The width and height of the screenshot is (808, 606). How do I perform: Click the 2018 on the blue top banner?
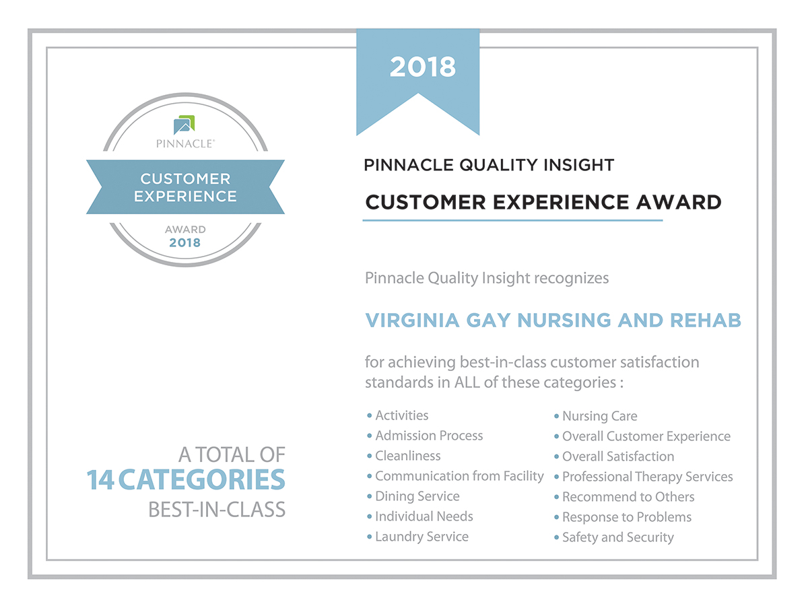[x=423, y=67]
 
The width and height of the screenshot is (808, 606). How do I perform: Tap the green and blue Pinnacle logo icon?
[x=184, y=125]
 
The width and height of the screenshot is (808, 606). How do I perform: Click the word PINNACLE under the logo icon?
[x=185, y=143]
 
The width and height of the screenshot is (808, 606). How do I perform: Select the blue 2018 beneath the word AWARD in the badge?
[x=184, y=242]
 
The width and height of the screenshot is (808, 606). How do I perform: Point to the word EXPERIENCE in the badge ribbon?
[x=185, y=196]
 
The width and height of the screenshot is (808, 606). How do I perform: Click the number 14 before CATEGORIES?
[x=100, y=480]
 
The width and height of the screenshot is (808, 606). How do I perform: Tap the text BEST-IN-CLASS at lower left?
[x=217, y=510]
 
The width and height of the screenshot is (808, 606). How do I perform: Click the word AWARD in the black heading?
[x=679, y=202]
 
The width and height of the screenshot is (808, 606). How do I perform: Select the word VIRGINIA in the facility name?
[x=412, y=320]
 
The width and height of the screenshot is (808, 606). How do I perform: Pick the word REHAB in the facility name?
[x=705, y=320]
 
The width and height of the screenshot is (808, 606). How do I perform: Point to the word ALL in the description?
[x=467, y=382]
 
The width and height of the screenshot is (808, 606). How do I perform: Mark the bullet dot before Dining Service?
[x=370, y=496]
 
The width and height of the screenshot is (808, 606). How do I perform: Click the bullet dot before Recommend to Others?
[x=557, y=497]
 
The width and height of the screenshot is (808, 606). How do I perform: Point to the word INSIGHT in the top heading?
[x=579, y=165]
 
